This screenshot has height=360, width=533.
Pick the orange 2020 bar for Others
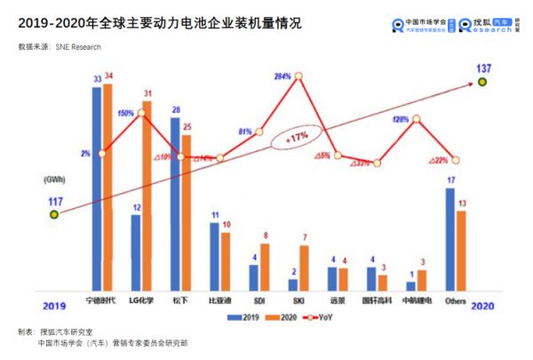(x=460, y=250)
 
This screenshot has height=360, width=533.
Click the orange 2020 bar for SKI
(x=304, y=267)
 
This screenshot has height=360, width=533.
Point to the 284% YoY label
(x=283, y=76)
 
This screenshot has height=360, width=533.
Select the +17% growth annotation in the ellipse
(x=296, y=138)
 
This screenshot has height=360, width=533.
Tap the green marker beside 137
(x=482, y=82)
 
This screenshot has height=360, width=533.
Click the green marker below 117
(x=53, y=213)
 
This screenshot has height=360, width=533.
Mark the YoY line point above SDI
(x=260, y=131)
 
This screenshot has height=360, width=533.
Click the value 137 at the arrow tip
(x=483, y=68)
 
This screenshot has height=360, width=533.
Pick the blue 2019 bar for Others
(x=449, y=238)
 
